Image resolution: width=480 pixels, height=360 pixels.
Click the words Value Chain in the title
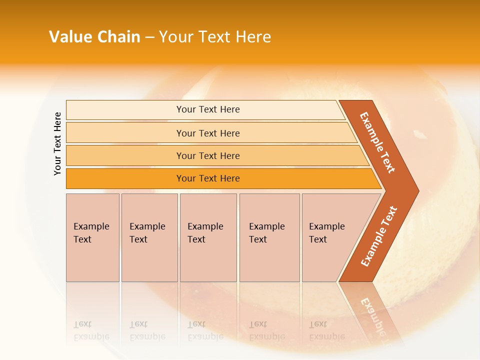click(94, 37)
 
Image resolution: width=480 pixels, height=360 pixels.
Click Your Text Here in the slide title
click(215, 37)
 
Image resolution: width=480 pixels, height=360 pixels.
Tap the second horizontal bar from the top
click(208, 133)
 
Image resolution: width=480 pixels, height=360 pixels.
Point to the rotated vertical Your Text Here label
click(57, 143)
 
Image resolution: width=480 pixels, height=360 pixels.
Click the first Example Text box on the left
click(92, 237)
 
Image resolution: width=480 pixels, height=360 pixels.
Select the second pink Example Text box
click(149, 237)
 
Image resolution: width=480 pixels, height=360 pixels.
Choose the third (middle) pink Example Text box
click(208, 237)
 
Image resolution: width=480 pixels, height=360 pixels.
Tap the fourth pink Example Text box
click(269, 237)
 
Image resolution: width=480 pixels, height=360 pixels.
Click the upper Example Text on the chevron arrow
click(377, 142)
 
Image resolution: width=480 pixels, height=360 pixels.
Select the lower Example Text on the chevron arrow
click(379, 236)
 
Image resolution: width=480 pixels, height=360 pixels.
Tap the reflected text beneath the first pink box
click(91, 330)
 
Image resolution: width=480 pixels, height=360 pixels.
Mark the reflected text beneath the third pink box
click(205, 330)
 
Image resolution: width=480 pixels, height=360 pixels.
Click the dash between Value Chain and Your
click(149, 37)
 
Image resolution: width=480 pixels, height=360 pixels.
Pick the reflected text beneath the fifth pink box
click(326, 330)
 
